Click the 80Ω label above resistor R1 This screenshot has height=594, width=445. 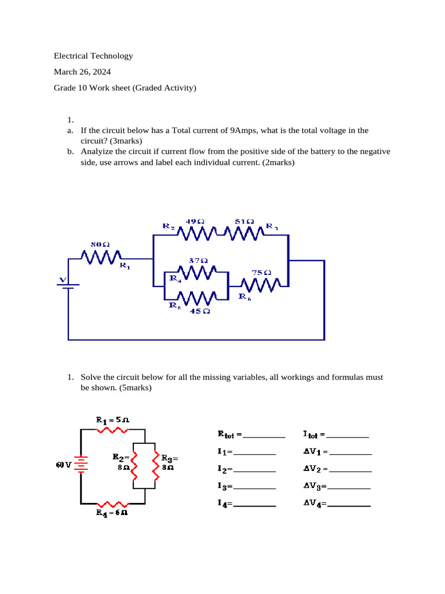[x=101, y=244]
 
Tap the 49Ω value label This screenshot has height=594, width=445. [x=195, y=222]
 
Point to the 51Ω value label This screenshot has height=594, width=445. [x=244, y=222]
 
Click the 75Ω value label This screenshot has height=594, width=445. [x=261, y=272]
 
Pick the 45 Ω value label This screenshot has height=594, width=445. [x=200, y=311]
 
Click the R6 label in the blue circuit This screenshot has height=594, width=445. [x=245, y=296]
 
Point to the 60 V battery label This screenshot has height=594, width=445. [x=63, y=465]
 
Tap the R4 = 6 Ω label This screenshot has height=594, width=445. [x=112, y=513]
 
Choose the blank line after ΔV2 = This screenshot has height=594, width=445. [x=351, y=471]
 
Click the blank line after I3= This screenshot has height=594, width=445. [x=254, y=488]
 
